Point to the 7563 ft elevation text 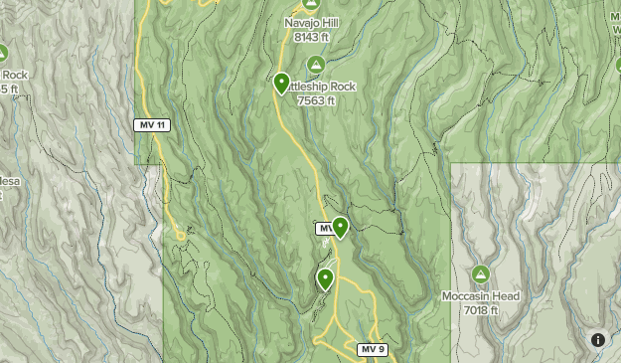316,100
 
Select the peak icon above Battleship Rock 316,66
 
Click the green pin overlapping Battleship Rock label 282,84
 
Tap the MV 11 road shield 151,124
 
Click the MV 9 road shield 371,349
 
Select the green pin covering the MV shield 340,228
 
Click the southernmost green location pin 325,278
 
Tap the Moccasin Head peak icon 481,274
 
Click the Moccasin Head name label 481,295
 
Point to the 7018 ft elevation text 481,309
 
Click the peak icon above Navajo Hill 310,4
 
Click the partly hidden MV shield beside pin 324,229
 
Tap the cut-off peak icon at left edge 3,53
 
